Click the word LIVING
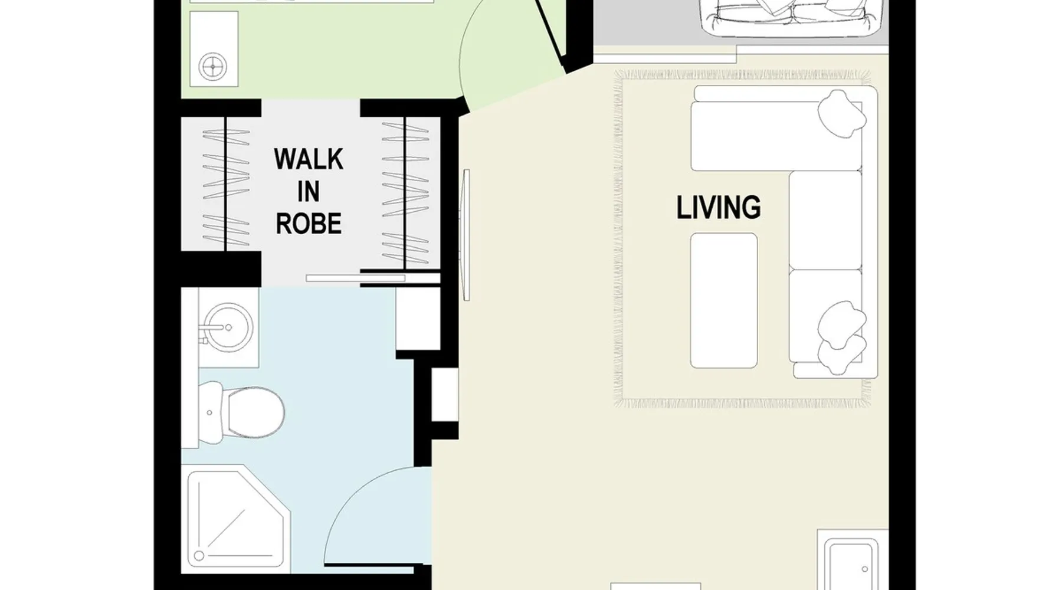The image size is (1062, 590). click(x=718, y=207)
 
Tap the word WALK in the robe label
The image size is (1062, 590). click(x=309, y=159)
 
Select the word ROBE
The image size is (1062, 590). click(x=309, y=224)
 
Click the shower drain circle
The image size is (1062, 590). click(x=199, y=555)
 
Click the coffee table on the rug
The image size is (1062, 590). click(x=723, y=300)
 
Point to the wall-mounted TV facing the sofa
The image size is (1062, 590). click(x=467, y=235)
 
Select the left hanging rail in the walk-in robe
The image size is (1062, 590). click(x=226, y=183)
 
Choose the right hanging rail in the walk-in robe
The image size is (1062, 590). click(x=405, y=192)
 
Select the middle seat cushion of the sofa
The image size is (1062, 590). click(x=825, y=219)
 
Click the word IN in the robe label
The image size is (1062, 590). click(x=309, y=192)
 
